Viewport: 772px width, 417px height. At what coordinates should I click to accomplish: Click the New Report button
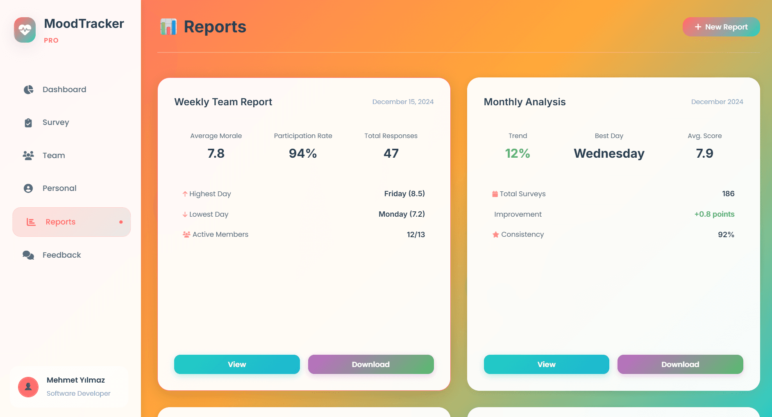click(x=721, y=27)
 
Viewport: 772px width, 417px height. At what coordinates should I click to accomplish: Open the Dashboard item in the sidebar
click(x=64, y=90)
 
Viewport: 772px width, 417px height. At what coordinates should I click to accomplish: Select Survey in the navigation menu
click(x=56, y=122)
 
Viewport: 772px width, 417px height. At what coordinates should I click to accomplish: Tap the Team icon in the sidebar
click(x=28, y=156)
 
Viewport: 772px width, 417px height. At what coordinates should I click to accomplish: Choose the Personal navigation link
click(x=59, y=188)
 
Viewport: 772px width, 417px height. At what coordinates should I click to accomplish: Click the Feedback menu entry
click(x=61, y=255)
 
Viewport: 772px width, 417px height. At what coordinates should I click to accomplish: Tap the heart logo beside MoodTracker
click(x=25, y=30)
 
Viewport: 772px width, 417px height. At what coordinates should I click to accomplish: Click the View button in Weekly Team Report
click(x=237, y=364)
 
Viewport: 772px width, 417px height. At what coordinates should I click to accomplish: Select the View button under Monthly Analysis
click(x=546, y=364)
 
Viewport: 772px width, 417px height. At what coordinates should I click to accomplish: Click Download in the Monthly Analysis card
click(x=680, y=364)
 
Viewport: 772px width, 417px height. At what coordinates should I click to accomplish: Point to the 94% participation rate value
click(x=303, y=154)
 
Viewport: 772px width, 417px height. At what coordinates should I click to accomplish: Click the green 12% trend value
click(x=518, y=154)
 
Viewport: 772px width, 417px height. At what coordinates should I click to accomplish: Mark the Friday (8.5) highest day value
click(x=404, y=194)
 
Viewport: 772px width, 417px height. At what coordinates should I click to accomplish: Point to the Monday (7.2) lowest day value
click(x=402, y=214)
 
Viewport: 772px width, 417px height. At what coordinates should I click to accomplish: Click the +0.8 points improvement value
click(x=714, y=214)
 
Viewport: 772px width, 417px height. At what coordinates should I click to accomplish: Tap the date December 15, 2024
click(x=403, y=102)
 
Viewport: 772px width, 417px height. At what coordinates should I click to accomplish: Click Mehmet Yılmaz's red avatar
click(x=28, y=387)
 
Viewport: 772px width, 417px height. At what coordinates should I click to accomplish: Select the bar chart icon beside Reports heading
click(x=168, y=27)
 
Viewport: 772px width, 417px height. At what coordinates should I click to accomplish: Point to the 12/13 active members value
click(x=416, y=235)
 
